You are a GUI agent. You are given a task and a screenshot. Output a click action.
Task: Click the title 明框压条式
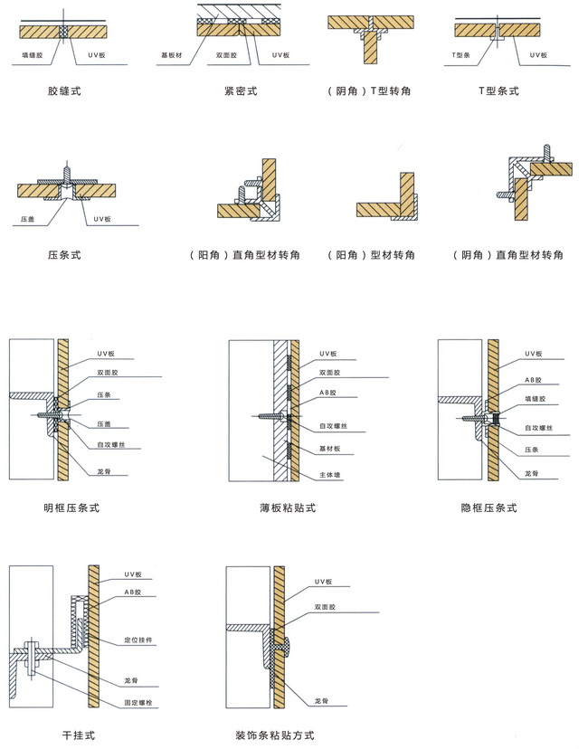71,507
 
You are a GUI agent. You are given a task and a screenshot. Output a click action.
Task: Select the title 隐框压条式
488,507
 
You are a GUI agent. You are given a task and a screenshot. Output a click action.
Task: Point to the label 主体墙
328,474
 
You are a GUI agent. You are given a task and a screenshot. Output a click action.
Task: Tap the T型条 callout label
460,55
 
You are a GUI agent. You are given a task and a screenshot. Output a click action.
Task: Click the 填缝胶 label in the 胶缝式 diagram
35,55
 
